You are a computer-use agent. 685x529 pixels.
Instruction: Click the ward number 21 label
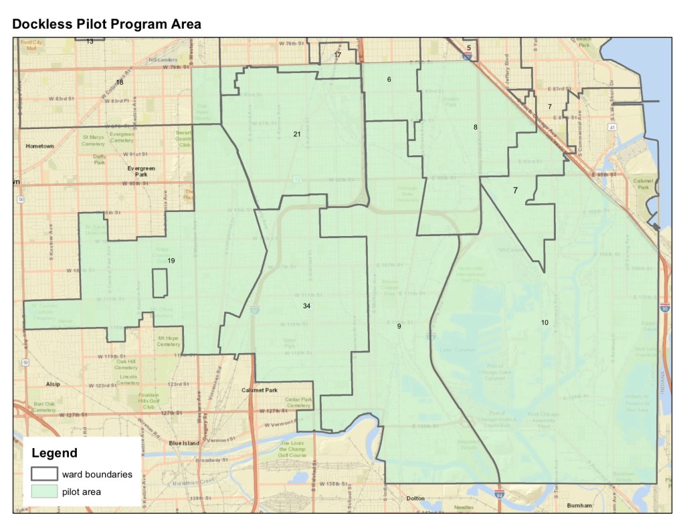(x=296, y=134)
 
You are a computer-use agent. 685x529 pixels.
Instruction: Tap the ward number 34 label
(x=306, y=306)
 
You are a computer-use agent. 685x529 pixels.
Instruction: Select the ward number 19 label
(x=171, y=261)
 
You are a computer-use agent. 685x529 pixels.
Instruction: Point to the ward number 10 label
(x=545, y=323)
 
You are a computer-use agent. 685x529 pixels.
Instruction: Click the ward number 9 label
(x=399, y=326)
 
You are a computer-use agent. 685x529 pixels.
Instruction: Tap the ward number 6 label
(x=388, y=80)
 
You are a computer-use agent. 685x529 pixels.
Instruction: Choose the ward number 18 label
(x=119, y=82)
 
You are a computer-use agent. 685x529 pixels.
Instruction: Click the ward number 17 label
(x=337, y=55)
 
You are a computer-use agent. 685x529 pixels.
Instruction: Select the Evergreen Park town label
(x=141, y=172)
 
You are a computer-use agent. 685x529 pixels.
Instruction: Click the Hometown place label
(x=39, y=146)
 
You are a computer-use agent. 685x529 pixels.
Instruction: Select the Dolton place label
(x=416, y=499)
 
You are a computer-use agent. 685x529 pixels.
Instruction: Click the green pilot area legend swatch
(x=43, y=492)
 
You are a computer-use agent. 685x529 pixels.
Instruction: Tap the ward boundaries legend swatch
(x=43, y=473)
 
